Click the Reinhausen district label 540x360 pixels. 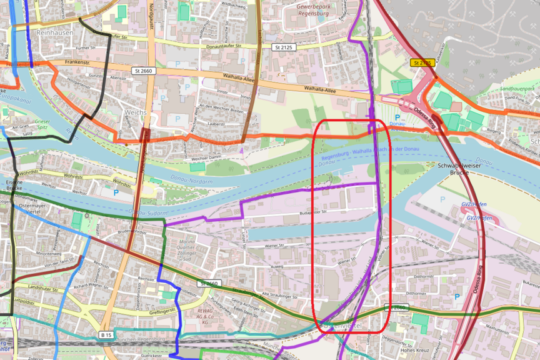pos(56,32)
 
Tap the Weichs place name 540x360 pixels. pos(136,112)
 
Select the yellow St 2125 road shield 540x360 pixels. pos(422,62)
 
